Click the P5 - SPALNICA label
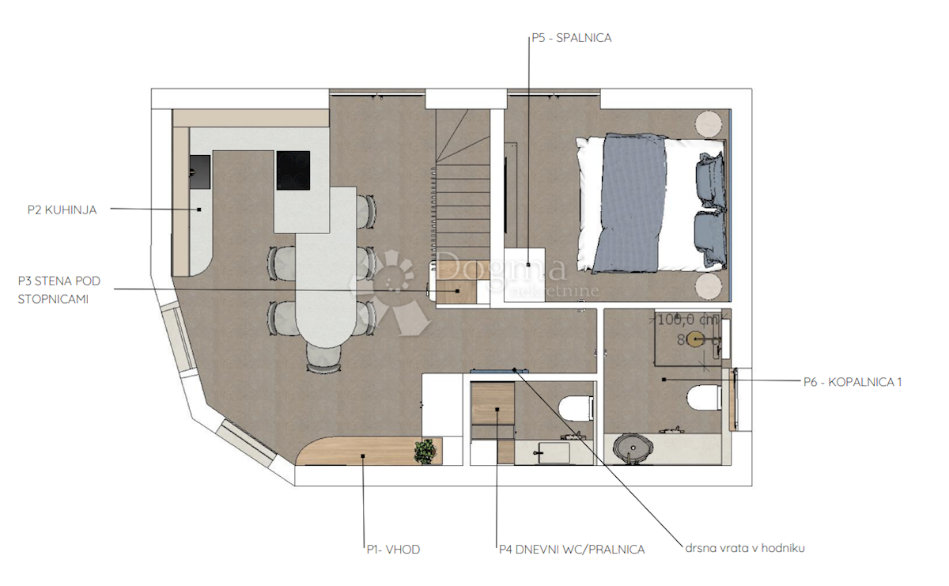[572, 37]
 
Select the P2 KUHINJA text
[62, 210]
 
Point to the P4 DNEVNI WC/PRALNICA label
[571, 549]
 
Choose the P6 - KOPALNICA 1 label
[853, 382]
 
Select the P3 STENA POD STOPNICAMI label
[59, 290]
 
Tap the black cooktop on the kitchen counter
[293, 170]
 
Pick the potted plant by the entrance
[425, 452]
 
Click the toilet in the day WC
[577, 407]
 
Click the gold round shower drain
[695, 339]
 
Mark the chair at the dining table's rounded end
[323, 359]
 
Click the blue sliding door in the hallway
[494, 369]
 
